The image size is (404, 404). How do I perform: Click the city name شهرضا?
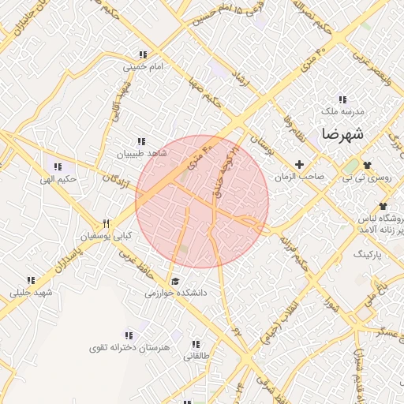click(342, 133)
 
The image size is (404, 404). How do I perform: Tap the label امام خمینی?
click(143, 67)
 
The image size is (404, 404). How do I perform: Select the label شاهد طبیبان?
click(141, 154)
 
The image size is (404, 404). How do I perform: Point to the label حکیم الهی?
click(58, 178)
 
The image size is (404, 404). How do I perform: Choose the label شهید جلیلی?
click(31, 293)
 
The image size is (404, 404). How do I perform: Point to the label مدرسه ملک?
click(342, 112)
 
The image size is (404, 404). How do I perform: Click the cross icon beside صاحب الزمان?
click(298, 164)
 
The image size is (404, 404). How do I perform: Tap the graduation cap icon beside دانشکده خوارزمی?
click(174, 281)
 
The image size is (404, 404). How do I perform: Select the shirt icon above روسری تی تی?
click(366, 164)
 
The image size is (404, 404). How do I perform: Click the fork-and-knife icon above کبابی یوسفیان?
click(107, 223)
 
